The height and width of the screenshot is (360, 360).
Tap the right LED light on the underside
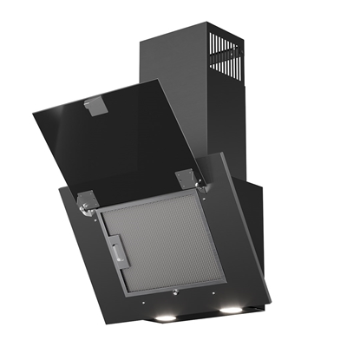[x=232, y=309]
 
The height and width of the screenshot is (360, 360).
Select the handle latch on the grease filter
[x=117, y=252]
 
